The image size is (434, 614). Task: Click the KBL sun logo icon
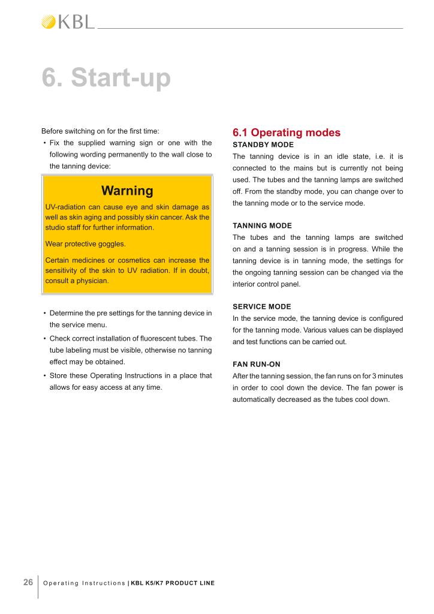tap(49, 22)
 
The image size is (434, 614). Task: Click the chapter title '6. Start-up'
tap(106, 78)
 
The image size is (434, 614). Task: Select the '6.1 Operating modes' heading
tap(286, 133)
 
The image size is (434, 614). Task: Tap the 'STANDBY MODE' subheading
tap(263, 145)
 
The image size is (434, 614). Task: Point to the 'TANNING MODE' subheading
tap(262, 225)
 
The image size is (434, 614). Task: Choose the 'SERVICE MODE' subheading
tap(261, 306)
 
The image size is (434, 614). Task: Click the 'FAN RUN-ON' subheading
tap(256, 364)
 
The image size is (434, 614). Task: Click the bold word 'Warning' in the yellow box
tap(127, 191)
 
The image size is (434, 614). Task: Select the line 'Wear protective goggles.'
tap(86, 244)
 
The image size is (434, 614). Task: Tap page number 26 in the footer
tap(28, 582)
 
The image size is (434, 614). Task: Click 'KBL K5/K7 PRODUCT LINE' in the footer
tap(173, 583)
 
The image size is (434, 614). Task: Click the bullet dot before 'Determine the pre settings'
tap(45, 314)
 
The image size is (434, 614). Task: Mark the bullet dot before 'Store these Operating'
tap(45, 376)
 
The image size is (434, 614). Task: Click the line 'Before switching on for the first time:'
tap(100, 131)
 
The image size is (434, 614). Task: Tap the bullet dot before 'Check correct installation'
tap(45, 339)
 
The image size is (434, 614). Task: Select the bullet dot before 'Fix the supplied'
tap(45, 143)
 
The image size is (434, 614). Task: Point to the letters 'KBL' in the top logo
tap(76, 22)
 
